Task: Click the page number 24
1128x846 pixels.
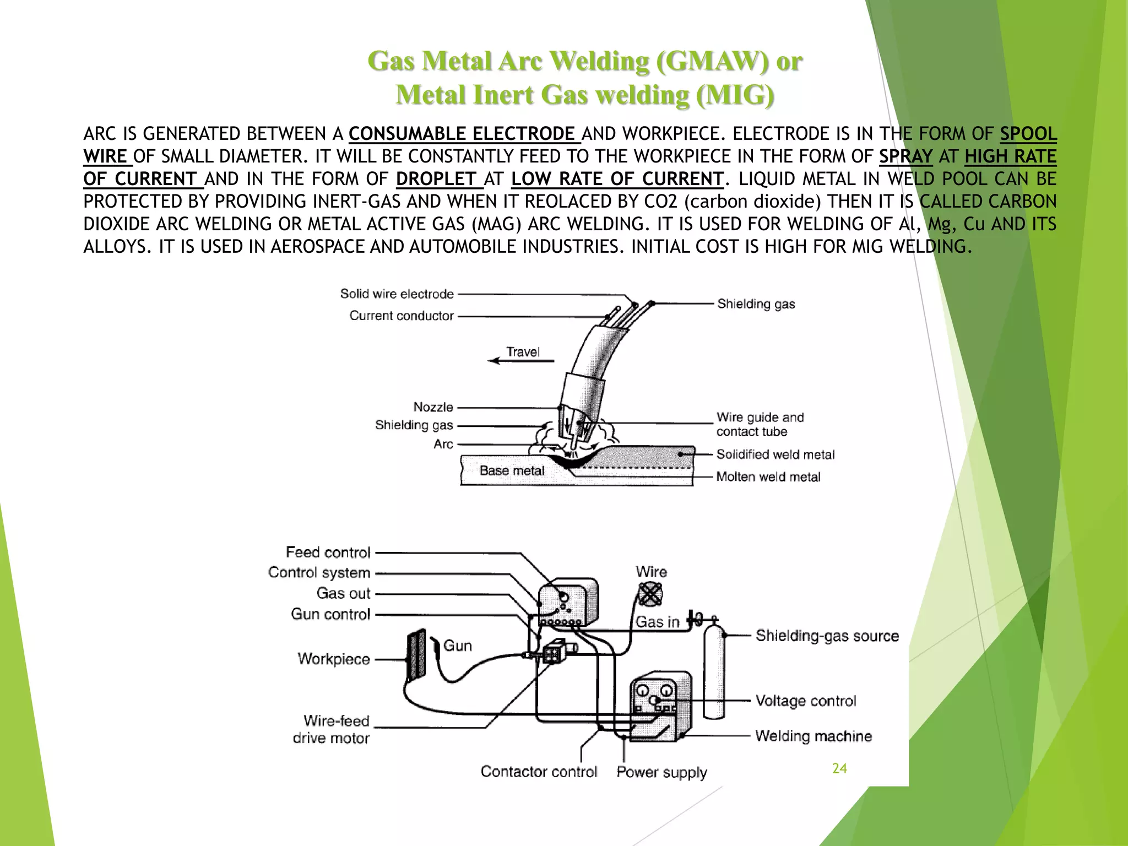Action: (x=839, y=768)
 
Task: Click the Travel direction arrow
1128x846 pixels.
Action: (x=521, y=361)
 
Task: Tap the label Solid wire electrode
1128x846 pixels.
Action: (x=397, y=294)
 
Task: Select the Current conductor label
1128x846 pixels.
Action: (x=401, y=316)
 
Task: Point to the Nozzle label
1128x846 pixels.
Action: (x=433, y=407)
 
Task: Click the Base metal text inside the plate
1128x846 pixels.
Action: (x=512, y=470)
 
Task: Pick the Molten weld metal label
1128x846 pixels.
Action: (x=768, y=477)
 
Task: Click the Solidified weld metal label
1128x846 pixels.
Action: (x=775, y=454)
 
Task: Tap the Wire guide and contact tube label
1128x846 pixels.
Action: (x=760, y=424)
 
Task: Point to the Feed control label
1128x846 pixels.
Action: (x=328, y=552)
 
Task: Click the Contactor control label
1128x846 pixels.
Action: (x=538, y=772)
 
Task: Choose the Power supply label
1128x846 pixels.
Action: (x=661, y=772)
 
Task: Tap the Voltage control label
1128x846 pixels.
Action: (x=805, y=701)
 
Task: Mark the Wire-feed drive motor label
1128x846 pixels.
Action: (x=331, y=729)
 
